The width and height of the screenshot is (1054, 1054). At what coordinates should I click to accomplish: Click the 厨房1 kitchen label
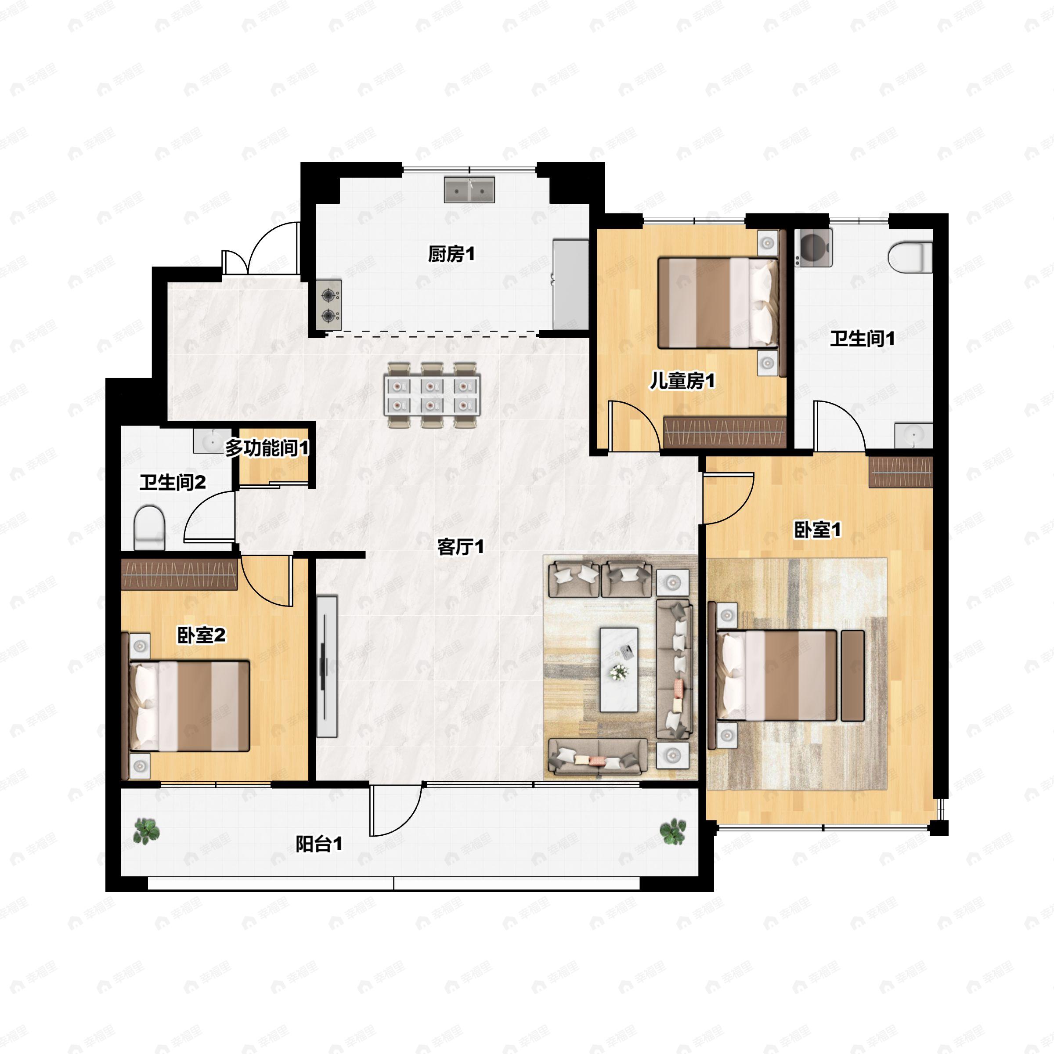451,254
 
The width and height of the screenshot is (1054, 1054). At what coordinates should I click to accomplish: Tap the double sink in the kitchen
469,189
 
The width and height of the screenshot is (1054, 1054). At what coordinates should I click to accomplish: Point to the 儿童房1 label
682,381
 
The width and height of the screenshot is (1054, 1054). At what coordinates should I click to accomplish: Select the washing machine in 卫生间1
813,248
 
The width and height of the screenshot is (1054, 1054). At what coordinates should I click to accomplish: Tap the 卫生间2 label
173,482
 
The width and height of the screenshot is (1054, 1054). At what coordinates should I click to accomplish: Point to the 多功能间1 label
267,448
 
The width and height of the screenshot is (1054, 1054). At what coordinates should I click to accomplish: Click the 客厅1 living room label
460,547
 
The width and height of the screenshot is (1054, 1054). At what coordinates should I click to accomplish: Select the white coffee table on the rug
619,670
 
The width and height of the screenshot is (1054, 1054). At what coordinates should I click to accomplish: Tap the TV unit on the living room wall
327,667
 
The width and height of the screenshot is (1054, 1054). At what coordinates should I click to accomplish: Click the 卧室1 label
817,529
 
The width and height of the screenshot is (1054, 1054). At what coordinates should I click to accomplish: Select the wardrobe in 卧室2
179,574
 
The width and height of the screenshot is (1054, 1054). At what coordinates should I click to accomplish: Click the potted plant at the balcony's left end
147,831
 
